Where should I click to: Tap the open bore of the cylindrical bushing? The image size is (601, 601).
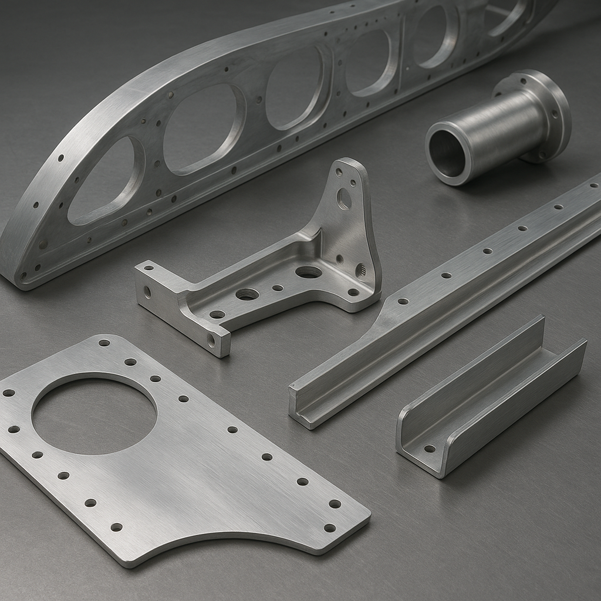tap(447, 154)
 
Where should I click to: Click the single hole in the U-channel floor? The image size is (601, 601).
tap(430, 448)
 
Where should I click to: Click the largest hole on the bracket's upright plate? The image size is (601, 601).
tap(344, 200)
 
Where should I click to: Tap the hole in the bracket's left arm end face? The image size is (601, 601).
tap(147, 291)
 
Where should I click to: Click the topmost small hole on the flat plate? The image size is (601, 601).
tap(104, 343)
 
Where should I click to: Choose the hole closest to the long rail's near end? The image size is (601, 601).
tap(403, 301)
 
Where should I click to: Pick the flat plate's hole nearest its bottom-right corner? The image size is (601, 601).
tap(330, 528)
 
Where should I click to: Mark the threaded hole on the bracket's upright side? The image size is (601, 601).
tap(360, 271)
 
